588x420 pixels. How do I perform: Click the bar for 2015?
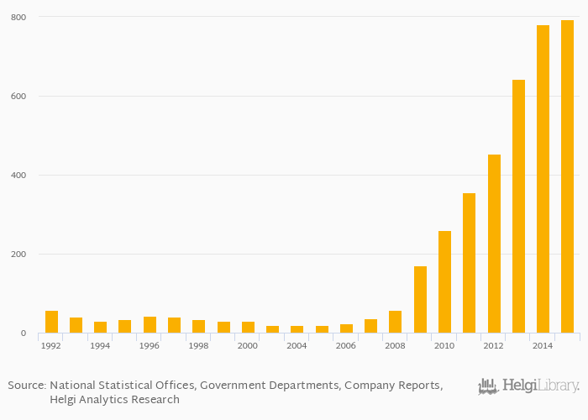[567, 176]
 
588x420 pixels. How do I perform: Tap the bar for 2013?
[518, 207]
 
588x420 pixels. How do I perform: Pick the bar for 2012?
[494, 244]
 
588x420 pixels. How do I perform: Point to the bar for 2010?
[444, 282]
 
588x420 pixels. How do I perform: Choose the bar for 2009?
[420, 300]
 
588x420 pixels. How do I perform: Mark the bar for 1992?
[51, 322]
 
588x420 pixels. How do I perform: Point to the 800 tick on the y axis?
[18, 17]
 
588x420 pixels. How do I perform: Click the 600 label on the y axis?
[18, 96]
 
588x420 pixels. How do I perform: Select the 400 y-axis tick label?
[18, 175]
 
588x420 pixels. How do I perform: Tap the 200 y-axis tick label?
[18, 254]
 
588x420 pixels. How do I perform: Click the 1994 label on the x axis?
[100, 346]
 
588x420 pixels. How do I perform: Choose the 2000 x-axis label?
[248, 346]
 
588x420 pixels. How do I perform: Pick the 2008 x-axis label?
[395, 346]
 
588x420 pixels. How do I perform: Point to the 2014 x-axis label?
[543, 346]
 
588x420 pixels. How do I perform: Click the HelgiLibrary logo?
[528, 386]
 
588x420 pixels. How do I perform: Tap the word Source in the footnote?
[26, 385]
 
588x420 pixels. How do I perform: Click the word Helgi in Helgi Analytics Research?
[65, 400]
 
